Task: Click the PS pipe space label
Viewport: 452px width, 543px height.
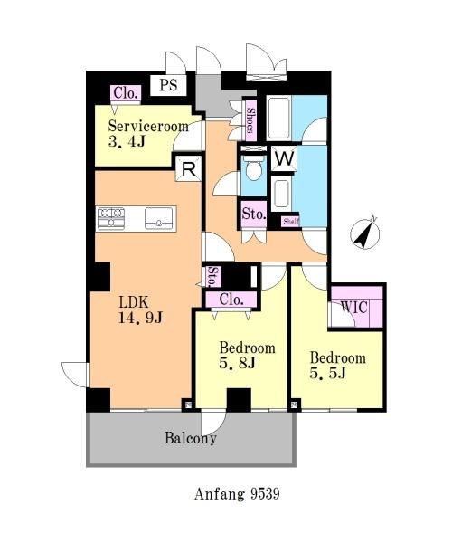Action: (168, 85)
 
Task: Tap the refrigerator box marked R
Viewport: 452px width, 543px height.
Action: (188, 168)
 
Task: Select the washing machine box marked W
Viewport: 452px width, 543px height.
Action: (284, 158)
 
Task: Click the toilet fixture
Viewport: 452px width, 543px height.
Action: (253, 168)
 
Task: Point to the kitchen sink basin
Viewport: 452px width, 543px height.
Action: (159, 218)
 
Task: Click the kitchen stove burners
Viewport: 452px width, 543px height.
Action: (110, 218)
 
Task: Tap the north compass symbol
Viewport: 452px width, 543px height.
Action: (365, 233)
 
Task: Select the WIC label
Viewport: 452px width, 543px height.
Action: (353, 307)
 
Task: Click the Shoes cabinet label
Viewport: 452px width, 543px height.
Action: (250, 120)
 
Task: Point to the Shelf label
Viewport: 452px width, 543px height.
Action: (290, 222)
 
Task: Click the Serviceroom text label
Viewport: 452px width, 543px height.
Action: (148, 126)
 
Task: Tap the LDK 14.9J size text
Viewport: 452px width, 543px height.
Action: (140, 318)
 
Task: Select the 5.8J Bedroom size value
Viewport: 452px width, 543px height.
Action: (237, 363)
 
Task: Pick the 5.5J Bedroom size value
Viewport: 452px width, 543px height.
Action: (327, 373)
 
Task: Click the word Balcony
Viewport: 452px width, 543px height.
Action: (191, 438)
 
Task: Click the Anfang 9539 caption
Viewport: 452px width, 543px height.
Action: (237, 493)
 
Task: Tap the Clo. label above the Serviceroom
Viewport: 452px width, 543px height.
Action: (126, 93)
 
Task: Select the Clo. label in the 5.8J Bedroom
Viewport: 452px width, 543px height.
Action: (231, 300)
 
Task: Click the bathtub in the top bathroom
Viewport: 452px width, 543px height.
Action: (278, 118)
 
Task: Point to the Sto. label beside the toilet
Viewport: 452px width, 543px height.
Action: (254, 214)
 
